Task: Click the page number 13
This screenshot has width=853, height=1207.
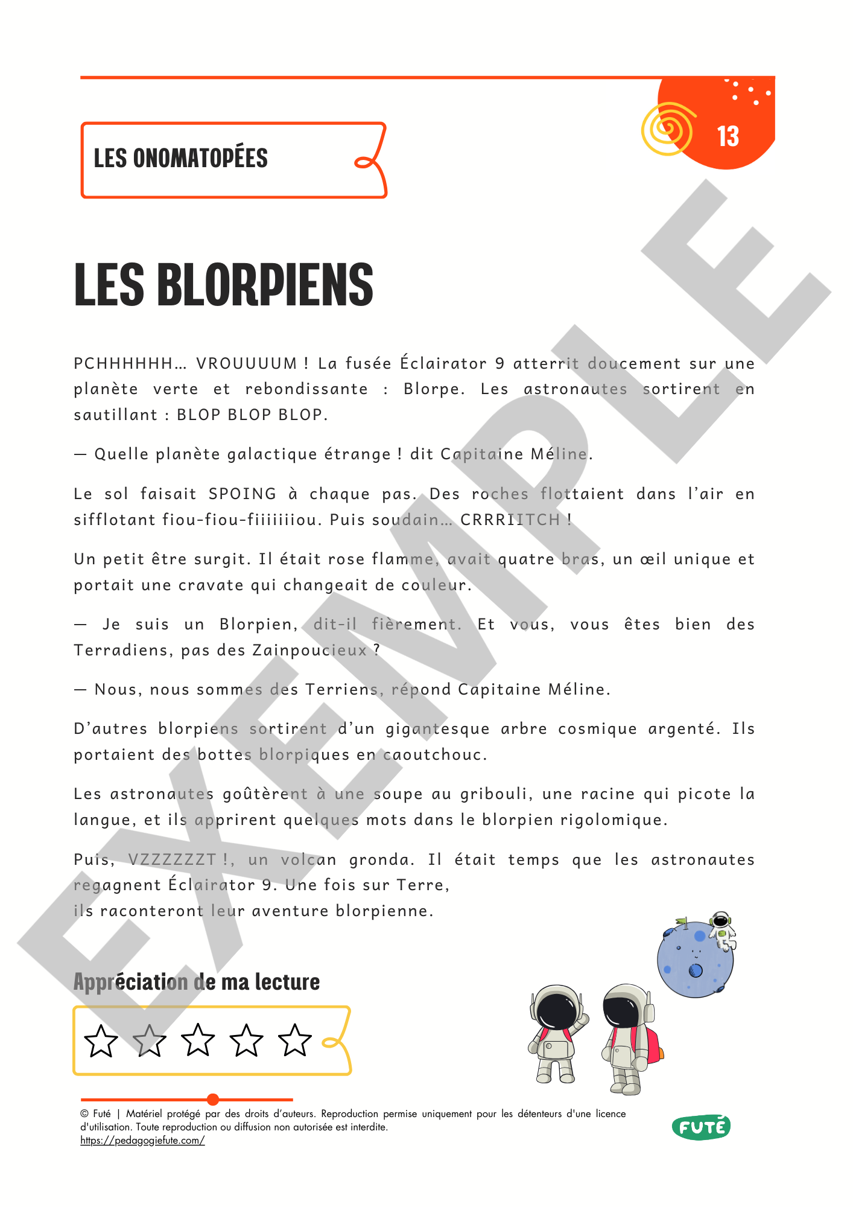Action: click(x=728, y=136)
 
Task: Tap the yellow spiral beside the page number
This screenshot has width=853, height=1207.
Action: click(x=667, y=129)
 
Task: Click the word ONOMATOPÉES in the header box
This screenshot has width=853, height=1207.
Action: click(x=200, y=158)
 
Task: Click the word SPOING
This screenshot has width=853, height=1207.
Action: click(x=242, y=494)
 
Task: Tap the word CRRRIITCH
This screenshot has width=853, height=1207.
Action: click(x=510, y=520)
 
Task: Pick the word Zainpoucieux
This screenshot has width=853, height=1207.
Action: click(x=309, y=650)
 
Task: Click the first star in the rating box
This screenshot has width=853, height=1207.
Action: click(x=101, y=1041)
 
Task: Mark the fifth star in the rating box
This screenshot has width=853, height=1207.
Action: click(x=295, y=1041)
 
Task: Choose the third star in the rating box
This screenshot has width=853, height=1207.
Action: click(x=198, y=1041)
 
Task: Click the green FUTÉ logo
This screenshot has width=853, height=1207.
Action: click(x=701, y=1127)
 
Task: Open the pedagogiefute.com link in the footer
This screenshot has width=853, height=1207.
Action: click(x=142, y=1140)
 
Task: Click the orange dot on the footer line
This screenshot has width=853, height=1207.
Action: click(x=212, y=1099)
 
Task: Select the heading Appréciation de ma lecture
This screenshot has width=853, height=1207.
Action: click(x=196, y=982)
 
